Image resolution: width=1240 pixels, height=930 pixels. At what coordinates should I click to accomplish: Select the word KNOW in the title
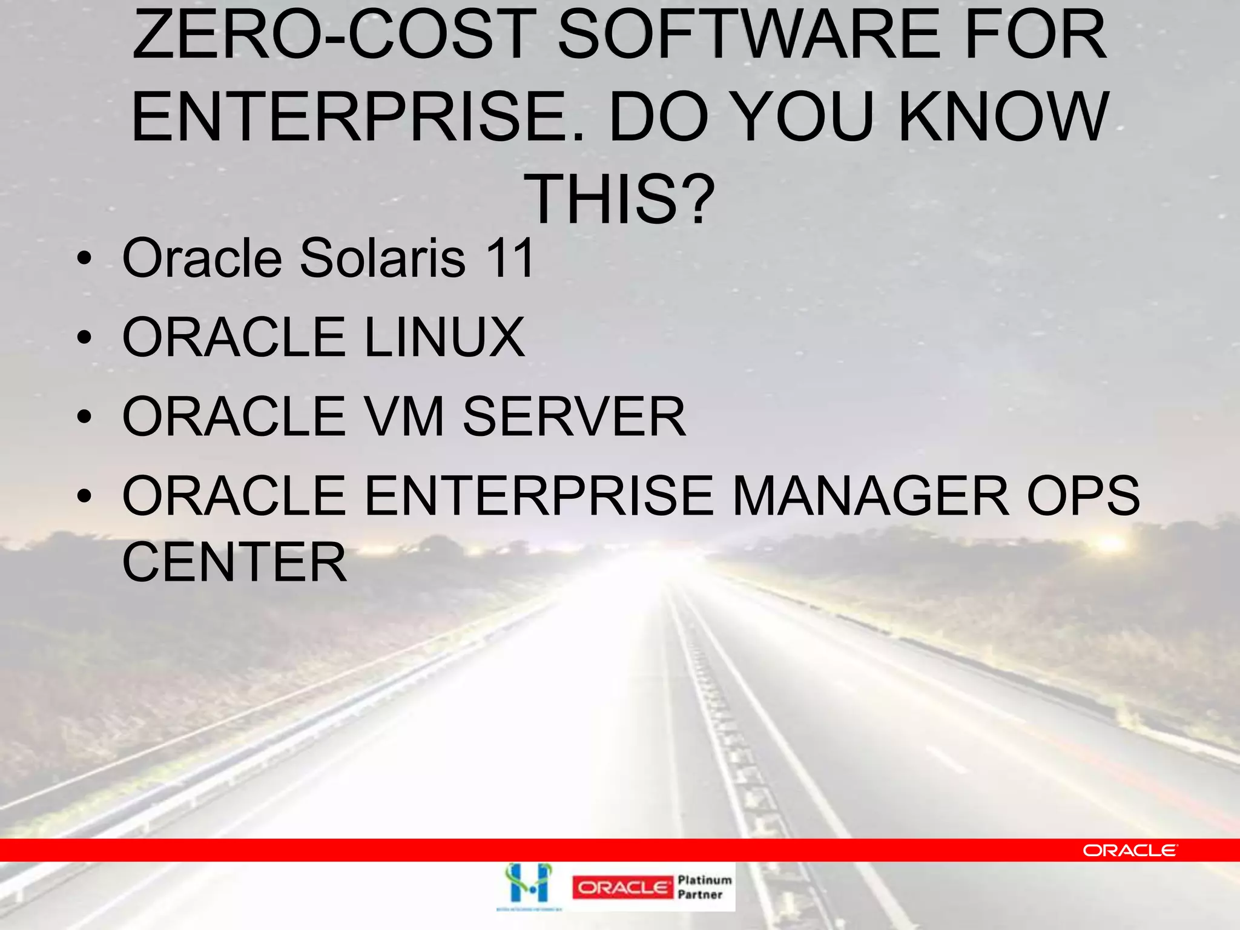pyautogui.click(x=1004, y=116)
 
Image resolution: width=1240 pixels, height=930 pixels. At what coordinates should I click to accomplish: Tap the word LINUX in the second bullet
pyautogui.click(x=444, y=337)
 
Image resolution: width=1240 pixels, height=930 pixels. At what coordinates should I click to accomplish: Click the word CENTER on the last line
pyautogui.click(x=234, y=562)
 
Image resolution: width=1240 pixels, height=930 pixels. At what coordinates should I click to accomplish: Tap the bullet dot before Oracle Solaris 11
pyautogui.click(x=85, y=260)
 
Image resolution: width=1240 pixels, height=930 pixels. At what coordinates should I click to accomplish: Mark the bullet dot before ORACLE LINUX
pyautogui.click(x=85, y=338)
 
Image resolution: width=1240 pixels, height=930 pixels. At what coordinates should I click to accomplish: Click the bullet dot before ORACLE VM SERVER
pyautogui.click(x=85, y=417)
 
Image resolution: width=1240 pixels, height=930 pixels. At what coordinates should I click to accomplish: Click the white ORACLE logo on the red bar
pyautogui.click(x=1130, y=851)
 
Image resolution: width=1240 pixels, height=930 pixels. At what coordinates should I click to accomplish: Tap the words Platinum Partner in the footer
pyautogui.click(x=704, y=887)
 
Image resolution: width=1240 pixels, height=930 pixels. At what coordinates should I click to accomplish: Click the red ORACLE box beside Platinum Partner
pyautogui.click(x=622, y=888)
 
